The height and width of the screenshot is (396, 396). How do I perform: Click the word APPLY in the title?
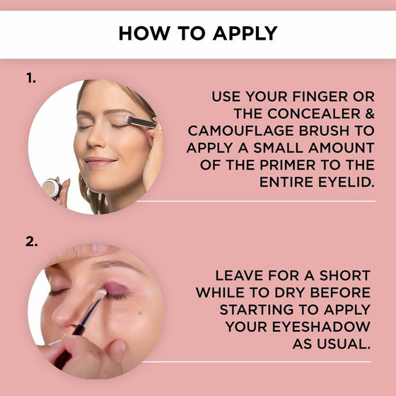(245, 33)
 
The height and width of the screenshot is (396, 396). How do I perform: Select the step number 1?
(31, 78)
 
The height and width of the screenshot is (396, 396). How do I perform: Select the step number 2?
(32, 242)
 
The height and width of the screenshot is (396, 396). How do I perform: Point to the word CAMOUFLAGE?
(241, 131)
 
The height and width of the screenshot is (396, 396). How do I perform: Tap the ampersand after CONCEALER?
(369, 114)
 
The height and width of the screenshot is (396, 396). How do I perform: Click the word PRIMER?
(288, 165)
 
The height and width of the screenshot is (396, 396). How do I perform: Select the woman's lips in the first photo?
(100, 162)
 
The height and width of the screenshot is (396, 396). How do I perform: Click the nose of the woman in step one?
(95, 142)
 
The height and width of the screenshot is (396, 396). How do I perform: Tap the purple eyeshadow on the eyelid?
(116, 289)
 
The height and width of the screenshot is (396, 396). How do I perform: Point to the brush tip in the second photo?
(100, 294)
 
